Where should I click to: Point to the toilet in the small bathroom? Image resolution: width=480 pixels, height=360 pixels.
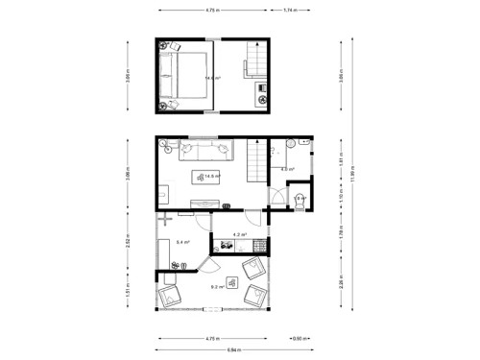point(299,201)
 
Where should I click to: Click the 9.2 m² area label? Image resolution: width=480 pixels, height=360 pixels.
point(218,286)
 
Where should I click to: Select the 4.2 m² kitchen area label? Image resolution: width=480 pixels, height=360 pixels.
point(240,234)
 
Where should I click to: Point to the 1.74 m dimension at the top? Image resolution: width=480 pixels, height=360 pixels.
point(289,11)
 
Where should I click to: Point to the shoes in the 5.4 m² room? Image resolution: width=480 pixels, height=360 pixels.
point(177,265)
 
